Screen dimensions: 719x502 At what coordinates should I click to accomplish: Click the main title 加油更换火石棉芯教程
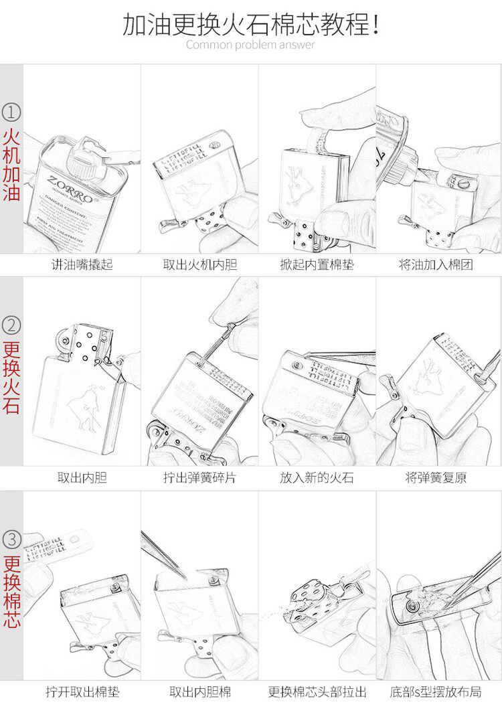251,25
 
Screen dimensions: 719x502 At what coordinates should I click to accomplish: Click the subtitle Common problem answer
250,45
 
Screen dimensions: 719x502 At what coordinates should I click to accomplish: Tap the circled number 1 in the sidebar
12,111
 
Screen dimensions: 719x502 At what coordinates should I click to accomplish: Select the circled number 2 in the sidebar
12,325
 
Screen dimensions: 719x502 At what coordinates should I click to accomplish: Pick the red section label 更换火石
12,378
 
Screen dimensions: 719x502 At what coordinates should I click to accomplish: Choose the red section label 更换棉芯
12,592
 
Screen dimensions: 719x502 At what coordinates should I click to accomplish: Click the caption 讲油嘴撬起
82,264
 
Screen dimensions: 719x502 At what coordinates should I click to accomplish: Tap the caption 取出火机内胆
200,264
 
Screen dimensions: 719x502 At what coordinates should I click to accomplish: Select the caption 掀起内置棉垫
317,264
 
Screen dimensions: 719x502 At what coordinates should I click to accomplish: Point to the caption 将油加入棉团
436,264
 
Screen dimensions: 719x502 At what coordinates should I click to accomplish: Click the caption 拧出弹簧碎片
200,478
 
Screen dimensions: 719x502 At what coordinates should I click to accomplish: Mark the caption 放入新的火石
317,478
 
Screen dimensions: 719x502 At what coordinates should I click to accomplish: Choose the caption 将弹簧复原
436,478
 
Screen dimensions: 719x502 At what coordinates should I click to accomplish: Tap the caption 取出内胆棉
200,692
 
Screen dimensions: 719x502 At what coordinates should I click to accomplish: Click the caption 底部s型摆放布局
436,692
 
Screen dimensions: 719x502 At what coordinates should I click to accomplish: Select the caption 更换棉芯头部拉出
317,692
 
